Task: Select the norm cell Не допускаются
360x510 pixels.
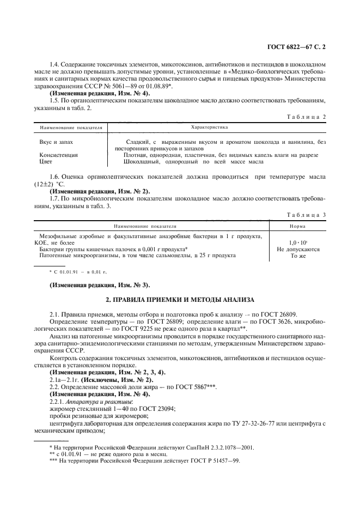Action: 298,249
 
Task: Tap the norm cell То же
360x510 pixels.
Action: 298,255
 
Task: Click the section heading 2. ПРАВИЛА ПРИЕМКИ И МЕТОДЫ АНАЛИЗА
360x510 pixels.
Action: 179,300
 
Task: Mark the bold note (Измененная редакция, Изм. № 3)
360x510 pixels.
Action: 100,284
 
